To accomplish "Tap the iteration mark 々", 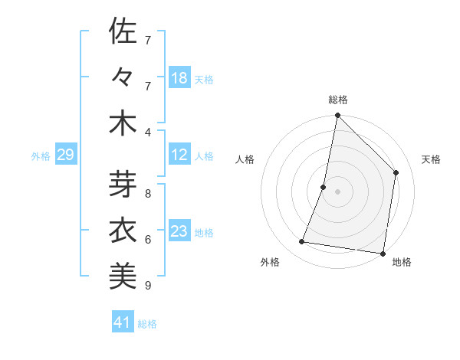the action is click(x=123, y=78).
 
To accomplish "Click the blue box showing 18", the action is click(x=179, y=78).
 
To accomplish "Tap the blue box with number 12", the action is click(x=179, y=155).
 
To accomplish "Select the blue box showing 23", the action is click(x=179, y=231).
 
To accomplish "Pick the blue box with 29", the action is click(x=65, y=155).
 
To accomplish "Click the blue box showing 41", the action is click(x=122, y=322).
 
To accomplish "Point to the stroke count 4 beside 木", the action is click(x=149, y=133).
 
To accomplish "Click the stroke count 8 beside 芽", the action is click(x=149, y=194).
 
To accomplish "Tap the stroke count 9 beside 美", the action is click(x=149, y=286).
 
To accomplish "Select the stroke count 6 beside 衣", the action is click(x=149, y=240).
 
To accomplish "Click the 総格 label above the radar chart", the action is click(x=338, y=100).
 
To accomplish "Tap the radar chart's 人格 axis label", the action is click(x=245, y=159).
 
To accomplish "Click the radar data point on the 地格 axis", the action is click(x=383, y=253).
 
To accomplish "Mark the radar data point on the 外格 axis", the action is click(x=302, y=242).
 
